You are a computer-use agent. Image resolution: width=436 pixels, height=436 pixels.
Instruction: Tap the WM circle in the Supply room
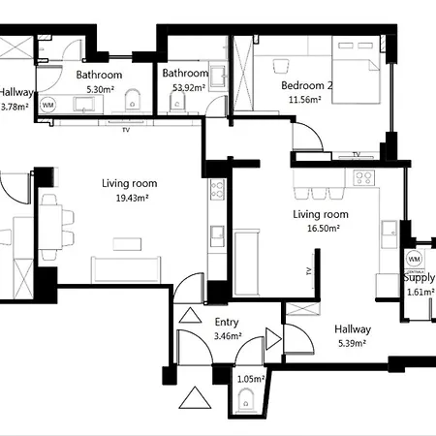pyautogui.click(x=415, y=260)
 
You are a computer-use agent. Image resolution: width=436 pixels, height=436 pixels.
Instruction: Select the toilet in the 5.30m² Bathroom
pyautogui.click(x=137, y=100)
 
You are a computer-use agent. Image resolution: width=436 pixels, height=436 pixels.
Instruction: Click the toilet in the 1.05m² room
pyautogui.click(x=248, y=396)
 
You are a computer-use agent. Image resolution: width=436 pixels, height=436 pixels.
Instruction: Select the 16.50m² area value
pyautogui.click(x=320, y=230)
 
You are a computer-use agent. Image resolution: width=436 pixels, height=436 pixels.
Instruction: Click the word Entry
pyautogui.click(x=227, y=323)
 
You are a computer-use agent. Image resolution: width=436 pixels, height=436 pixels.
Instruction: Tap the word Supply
pyautogui.click(x=419, y=278)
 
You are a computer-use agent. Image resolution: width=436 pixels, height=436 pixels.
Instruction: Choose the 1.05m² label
pyautogui.click(x=248, y=380)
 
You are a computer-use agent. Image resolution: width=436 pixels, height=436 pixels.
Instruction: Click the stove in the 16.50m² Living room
pyautogui.click(x=365, y=177)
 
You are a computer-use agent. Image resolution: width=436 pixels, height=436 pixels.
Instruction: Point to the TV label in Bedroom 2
pyautogui.click(x=357, y=154)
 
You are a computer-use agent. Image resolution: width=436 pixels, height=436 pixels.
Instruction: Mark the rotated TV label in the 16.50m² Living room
pyautogui.click(x=308, y=271)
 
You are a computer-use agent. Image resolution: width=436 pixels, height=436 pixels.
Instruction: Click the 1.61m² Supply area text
pyautogui.click(x=419, y=291)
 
